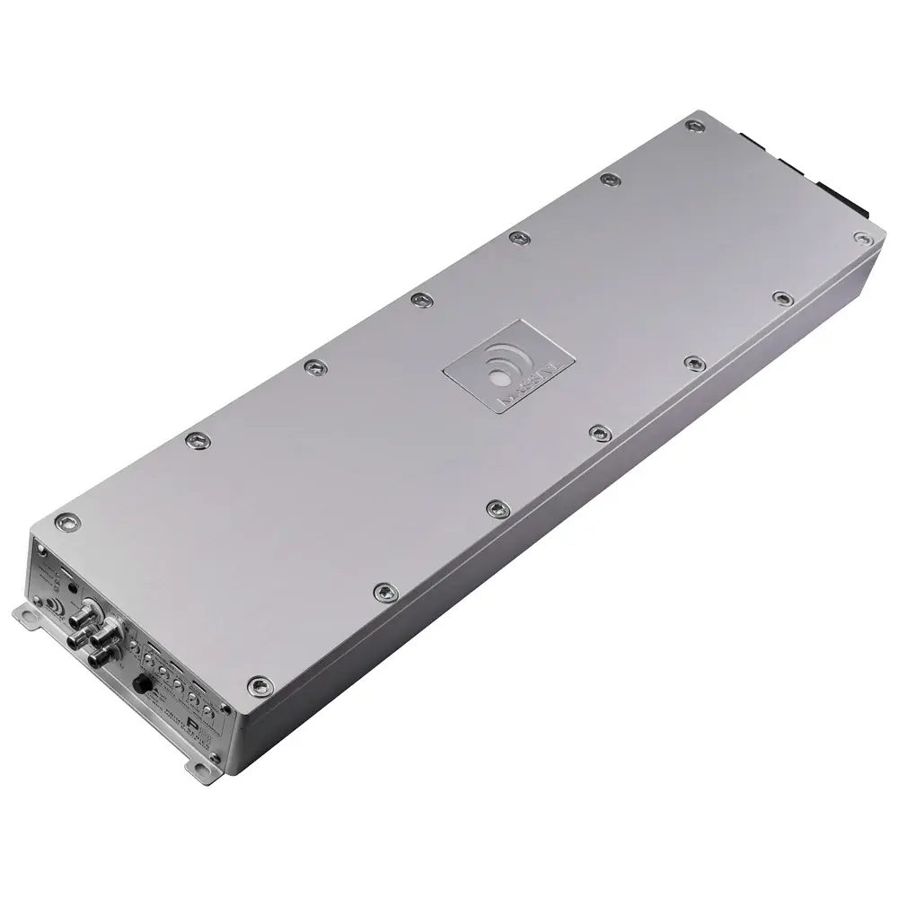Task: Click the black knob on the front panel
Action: click(141, 684)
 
